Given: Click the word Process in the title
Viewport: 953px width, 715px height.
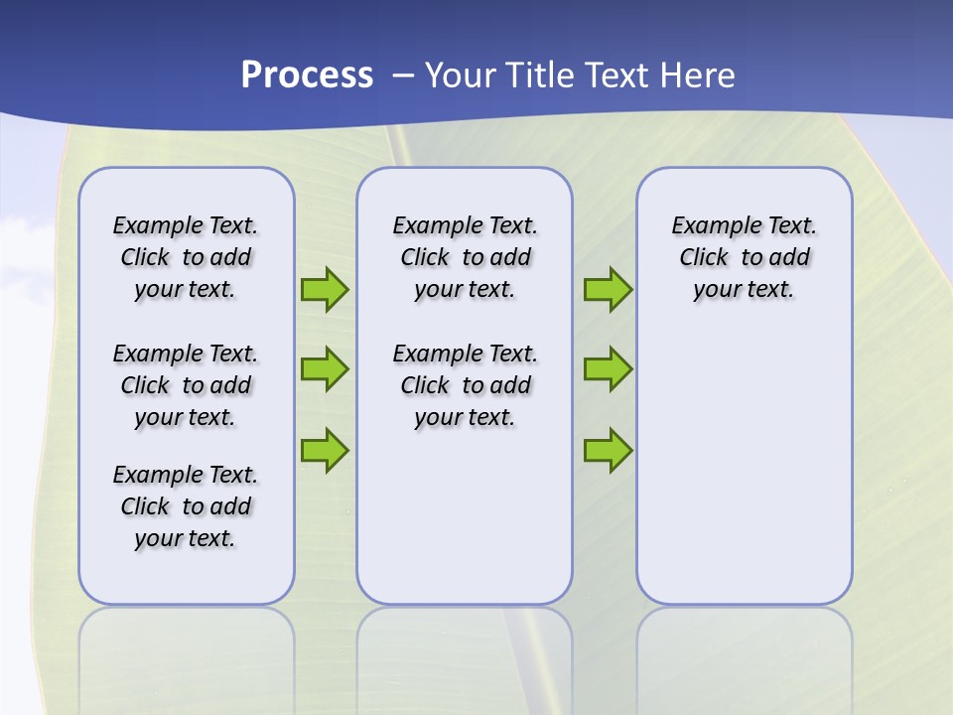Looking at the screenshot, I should coord(307,75).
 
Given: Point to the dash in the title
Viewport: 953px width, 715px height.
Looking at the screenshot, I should coord(403,75).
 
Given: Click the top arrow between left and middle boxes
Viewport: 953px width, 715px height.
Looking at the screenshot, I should coord(325,289).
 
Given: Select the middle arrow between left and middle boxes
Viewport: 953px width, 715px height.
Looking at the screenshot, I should coord(325,369).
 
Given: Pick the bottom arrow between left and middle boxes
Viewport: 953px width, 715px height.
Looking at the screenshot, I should coord(325,450).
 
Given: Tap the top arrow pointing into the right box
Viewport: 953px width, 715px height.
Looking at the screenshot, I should coord(608,289).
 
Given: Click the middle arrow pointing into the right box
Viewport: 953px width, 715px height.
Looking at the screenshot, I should coord(608,369).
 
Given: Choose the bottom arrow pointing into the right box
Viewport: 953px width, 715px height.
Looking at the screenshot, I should coord(608,450).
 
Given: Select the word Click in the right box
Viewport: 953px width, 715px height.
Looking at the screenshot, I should coord(704,258).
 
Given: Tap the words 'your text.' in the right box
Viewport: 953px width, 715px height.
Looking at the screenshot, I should coord(744,290).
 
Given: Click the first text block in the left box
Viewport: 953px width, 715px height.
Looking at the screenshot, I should coord(186,258).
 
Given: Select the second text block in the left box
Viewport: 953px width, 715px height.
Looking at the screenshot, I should coord(186,385).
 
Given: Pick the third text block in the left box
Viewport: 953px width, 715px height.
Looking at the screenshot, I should coord(186,506).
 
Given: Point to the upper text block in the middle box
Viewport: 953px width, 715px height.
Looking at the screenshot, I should coord(465,258).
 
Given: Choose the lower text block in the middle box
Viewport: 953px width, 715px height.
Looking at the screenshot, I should coord(465,385).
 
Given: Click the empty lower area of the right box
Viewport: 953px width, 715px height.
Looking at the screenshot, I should coord(745,467).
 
